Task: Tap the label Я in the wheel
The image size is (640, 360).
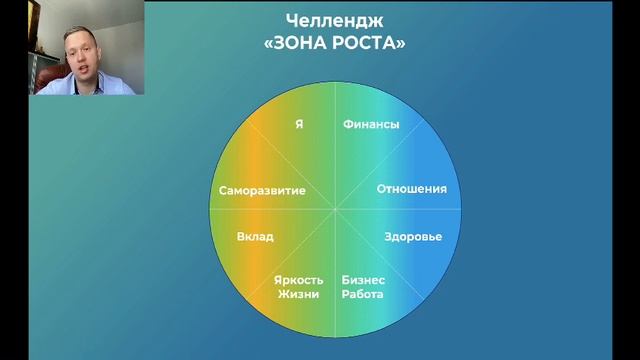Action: (x=299, y=125)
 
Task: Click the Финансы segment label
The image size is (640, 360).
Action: (x=371, y=125)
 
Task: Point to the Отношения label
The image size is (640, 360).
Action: (x=411, y=189)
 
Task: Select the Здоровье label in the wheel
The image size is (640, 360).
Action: (x=413, y=237)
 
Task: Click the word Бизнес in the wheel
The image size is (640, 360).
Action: (x=363, y=280)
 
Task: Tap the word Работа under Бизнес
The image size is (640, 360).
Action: (x=363, y=294)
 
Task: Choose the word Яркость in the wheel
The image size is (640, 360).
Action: (x=299, y=280)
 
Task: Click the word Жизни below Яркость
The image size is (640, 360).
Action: (x=299, y=294)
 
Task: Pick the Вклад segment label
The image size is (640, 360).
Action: (x=255, y=237)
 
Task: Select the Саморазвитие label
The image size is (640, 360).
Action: (x=262, y=190)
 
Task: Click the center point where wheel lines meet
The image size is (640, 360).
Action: (x=336, y=210)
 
